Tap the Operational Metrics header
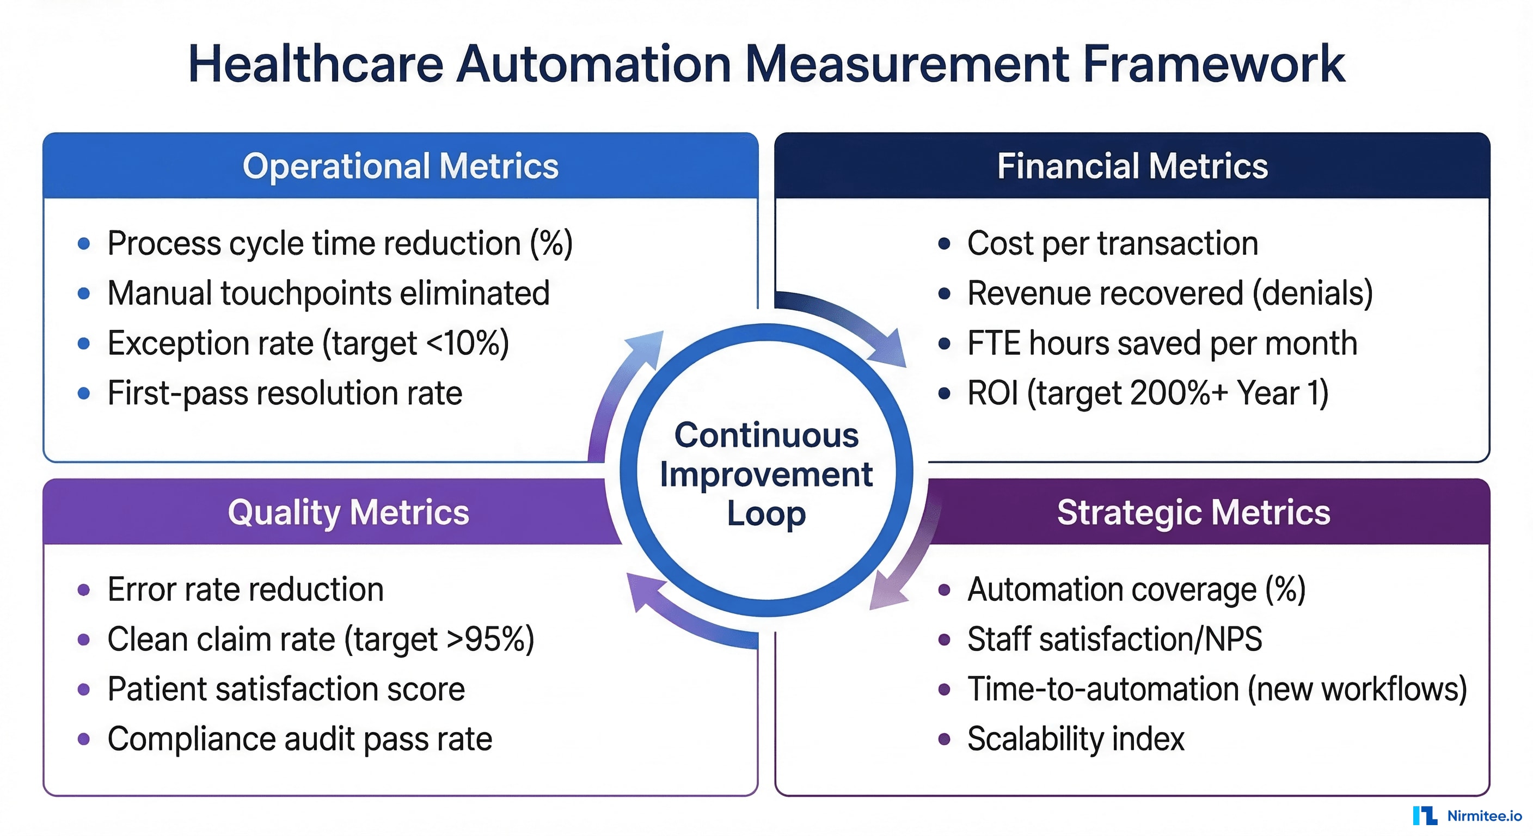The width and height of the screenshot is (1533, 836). (400, 166)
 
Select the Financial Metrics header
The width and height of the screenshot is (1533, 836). (1132, 166)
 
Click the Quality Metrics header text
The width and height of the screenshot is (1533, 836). (348, 512)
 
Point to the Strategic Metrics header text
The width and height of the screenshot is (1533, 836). (1193, 512)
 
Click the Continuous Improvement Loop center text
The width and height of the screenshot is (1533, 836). (766, 474)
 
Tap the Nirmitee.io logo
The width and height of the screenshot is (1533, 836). (1467, 815)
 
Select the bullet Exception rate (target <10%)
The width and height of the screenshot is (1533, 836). (308, 343)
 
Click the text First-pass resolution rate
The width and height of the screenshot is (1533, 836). (285, 394)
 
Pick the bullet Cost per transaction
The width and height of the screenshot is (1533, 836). (1112, 243)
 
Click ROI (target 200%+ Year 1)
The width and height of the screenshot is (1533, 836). (1148, 394)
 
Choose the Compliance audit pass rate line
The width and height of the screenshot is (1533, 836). (299, 739)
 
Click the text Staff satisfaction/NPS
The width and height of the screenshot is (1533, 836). (1114, 640)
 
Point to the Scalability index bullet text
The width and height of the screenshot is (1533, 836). (1075, 739)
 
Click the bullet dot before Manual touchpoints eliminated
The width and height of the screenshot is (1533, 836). (84, 293)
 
